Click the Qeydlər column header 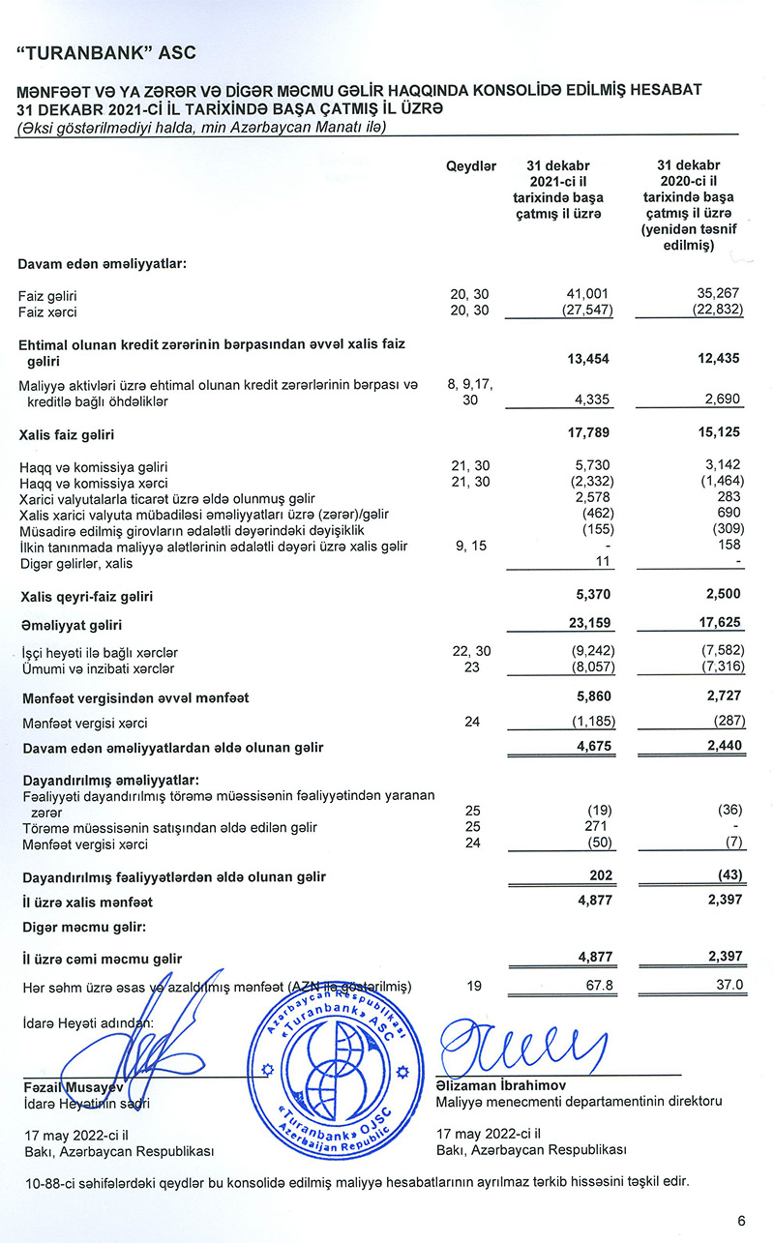pyautogui.click(x=471, y=166)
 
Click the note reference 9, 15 pyautogui.click(x=471, y=547)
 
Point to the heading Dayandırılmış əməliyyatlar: pyautogui.click(x=111, y=781)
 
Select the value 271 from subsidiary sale pyautogui.click(x=597, y=827)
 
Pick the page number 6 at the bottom pyautogui.click(x=741, y=1220)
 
